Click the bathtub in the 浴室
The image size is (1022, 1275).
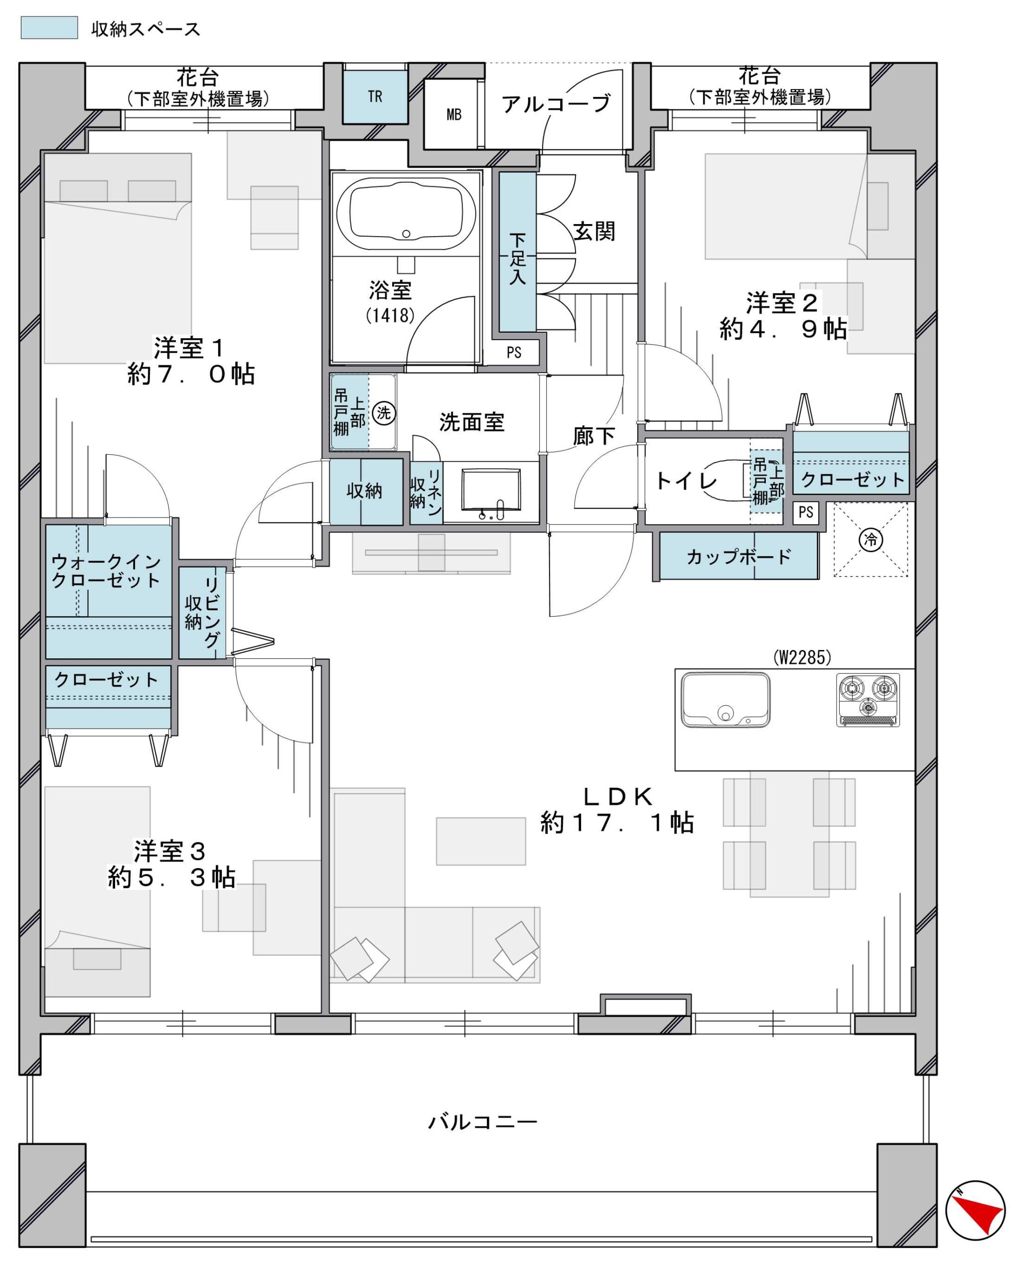(406, 215)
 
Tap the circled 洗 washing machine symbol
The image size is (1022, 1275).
(384, 412)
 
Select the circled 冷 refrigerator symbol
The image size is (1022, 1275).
(871, 539)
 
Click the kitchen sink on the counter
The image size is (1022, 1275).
(725, 700)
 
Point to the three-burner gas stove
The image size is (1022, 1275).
(868, 700)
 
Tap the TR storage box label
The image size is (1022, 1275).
(375, 97)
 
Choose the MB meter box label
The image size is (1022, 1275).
(454, 114)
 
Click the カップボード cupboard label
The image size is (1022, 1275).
(738, 556)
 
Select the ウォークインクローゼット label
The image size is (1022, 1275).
(106, 571)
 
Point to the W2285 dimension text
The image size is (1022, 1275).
(802, 657)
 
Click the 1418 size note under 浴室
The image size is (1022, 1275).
(390, 315)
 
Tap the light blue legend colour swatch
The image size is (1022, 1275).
(49, 27)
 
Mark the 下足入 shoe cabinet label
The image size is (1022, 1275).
(517, 258)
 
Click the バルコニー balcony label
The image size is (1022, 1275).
(482, 1121)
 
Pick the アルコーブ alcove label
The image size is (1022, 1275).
(556, 104)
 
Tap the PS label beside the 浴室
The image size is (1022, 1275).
(514, 353)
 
